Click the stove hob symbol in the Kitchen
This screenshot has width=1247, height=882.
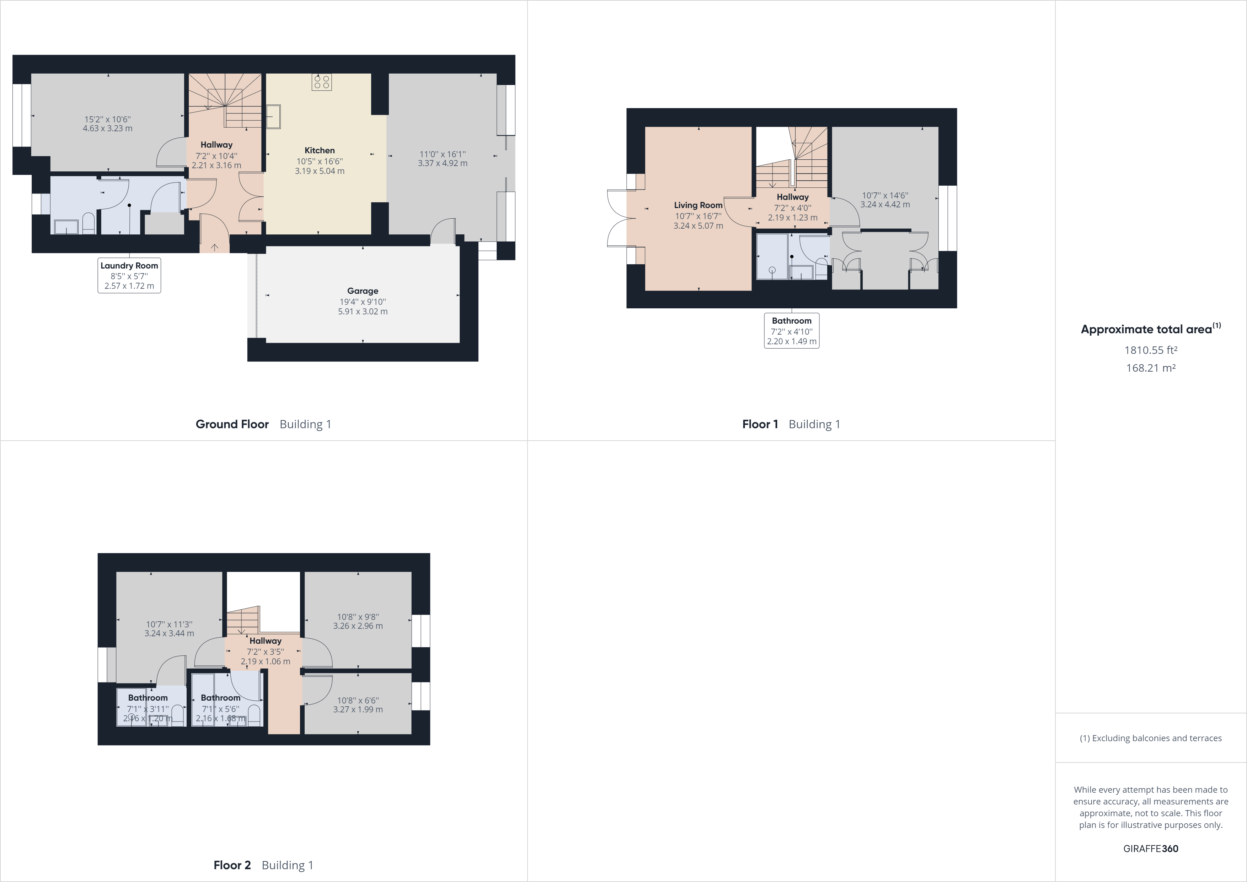[322, 82]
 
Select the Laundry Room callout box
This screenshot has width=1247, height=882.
[129, 276]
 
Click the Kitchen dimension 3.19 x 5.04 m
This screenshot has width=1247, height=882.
[319, 171]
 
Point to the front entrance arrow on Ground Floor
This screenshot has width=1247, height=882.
[215, 247]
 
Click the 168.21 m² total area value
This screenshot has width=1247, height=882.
[1150, 368]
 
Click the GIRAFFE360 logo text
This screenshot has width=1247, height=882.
[1150, 848]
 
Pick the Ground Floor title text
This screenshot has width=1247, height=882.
[232, 424]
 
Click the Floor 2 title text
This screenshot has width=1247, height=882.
[232, 865]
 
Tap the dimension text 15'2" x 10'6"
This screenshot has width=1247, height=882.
[108, 119]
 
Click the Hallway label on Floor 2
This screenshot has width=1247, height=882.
[266, 641]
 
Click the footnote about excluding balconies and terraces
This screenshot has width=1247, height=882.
[1150, 738]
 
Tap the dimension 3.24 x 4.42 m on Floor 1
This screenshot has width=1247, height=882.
[885, 205]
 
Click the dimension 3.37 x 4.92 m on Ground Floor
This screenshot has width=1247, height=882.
[443, 163]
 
